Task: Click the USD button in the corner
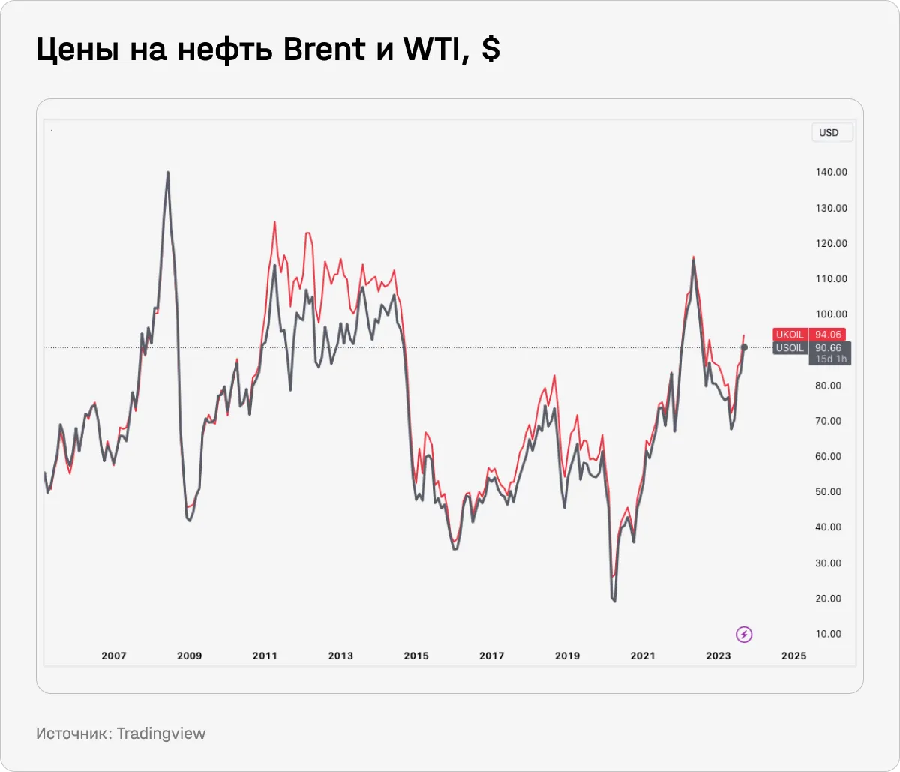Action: (x=829, y=133)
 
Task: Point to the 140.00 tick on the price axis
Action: (x=832, y=172)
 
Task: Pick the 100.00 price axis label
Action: (x=832, y=314)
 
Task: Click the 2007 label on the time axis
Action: (x=114, y=656)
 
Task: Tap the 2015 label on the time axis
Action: (x=416, y=656)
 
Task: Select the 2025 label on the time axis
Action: (x=793, y=656)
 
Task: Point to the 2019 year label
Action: (x=567, y=656)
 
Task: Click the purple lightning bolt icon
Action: (x=744, y=635)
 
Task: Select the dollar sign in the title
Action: (x=490, y=50)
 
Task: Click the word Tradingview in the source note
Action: (x=160, y=734)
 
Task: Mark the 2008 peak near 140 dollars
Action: (x=167, y=173)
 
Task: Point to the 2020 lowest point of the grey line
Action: (x=615, y=601)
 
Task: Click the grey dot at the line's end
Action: (x=744, y=347)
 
